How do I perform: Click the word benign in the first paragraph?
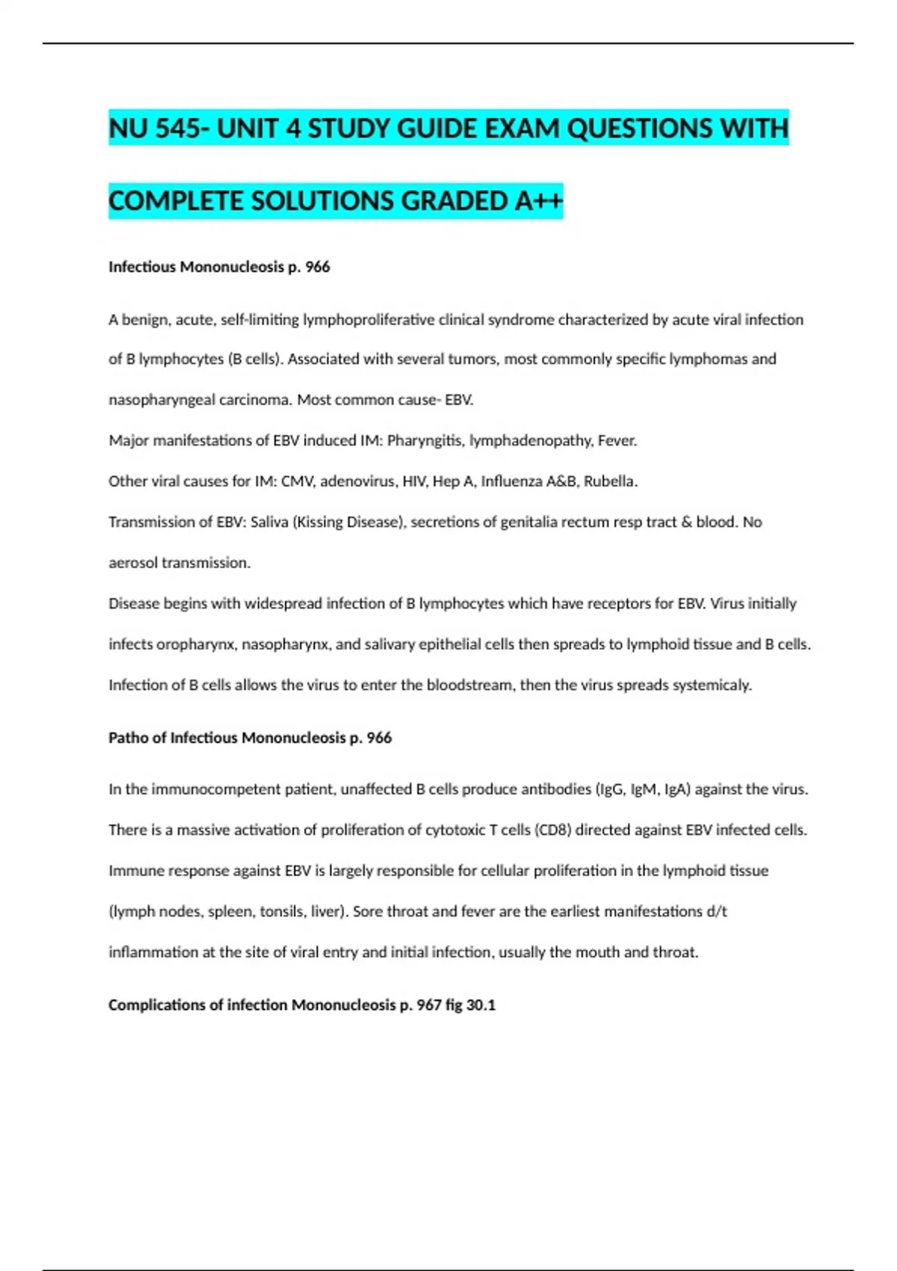144,320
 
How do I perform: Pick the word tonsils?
281,911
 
